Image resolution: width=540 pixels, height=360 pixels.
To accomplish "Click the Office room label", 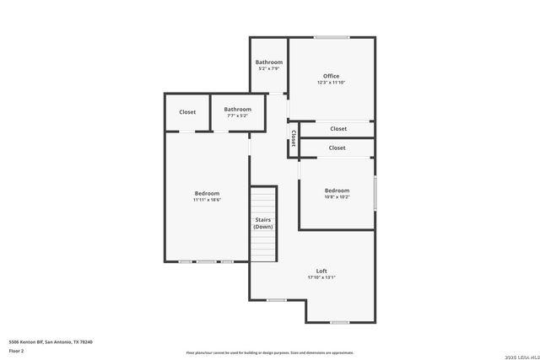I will [331, 76].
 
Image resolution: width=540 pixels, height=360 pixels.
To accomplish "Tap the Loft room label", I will [321, 271].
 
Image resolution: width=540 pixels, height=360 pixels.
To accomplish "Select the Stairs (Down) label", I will [263, 223].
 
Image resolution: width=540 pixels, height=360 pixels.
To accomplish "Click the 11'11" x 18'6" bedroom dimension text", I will [207, 200].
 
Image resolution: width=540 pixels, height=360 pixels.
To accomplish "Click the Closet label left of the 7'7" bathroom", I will [187, 111].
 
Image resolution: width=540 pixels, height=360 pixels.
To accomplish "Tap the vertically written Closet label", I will [293, 138].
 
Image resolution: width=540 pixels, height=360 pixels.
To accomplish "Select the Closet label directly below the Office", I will [338, 129].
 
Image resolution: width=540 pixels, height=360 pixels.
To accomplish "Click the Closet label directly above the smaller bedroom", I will [337, 148].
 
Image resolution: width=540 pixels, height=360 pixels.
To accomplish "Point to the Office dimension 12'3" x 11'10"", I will [331, 83].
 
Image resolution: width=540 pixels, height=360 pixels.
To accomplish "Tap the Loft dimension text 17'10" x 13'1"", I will [321, 277].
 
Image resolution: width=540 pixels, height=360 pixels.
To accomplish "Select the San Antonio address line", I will [51, 341].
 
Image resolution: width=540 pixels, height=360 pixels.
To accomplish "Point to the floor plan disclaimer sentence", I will [270, 352].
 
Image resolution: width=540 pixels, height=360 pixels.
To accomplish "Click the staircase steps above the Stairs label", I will [264, 200].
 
